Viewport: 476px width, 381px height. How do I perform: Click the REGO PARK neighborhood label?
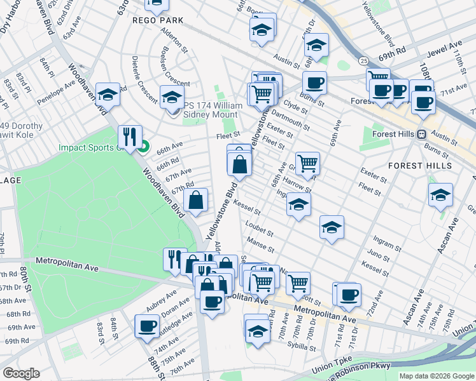(x=158, y=20)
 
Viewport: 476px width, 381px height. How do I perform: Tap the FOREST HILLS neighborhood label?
(x=420, y=166)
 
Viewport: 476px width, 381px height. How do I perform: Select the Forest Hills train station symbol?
(x=421, y=134)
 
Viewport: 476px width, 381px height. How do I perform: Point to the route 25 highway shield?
(x=362, y=60)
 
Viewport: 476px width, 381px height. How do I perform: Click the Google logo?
(x=21, y=373)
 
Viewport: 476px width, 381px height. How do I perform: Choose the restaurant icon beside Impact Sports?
(x=129, y=136)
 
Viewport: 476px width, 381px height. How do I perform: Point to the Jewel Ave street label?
(x=445, y=46)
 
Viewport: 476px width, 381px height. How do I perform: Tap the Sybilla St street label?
(x=300, y=347)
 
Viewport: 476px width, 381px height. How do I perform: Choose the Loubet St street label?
(x=259, y=229)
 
